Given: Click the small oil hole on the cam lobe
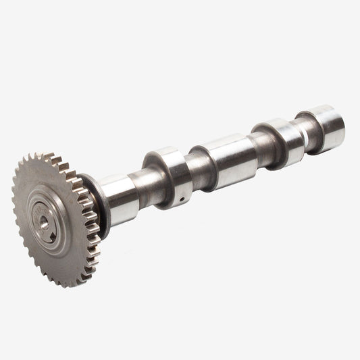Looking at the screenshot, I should click(x=182, y=199).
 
